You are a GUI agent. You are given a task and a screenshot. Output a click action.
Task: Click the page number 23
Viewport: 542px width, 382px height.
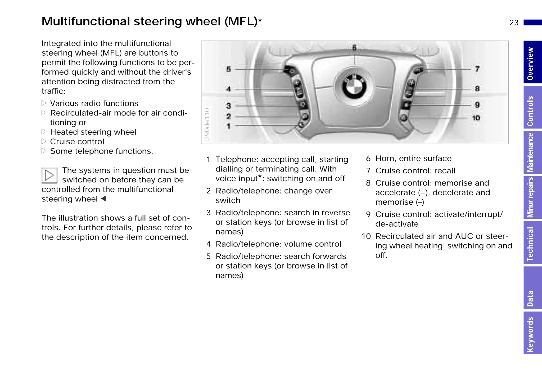pos(514,23)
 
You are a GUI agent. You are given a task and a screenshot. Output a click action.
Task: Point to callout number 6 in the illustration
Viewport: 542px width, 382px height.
pos(354,48)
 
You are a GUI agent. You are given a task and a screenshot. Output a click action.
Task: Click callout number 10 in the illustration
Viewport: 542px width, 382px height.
pos(476,118)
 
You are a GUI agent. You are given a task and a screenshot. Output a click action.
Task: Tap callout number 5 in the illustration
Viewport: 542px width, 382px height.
pos(228,69)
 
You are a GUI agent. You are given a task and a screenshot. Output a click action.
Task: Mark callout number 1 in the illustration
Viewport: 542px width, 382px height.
pos(228,126)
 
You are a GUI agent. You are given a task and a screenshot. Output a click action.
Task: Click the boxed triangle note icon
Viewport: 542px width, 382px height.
pos(49,175)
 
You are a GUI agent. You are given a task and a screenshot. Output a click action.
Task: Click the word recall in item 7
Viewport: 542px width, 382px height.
pos(444,171)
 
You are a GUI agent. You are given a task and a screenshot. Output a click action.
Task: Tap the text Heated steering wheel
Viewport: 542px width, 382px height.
pos(93,132)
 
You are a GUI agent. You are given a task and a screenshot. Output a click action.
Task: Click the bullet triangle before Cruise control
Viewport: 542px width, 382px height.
pos(44,141)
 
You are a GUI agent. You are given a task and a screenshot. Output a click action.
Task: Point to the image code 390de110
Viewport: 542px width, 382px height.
pos(207,124)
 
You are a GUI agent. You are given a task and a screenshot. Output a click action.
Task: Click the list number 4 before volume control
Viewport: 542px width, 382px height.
pos(209,244)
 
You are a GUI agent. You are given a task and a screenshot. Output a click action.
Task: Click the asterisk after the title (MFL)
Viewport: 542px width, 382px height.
pos(260,20)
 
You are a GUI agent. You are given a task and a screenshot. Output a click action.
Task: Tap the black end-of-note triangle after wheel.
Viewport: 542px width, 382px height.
pos(103,199)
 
